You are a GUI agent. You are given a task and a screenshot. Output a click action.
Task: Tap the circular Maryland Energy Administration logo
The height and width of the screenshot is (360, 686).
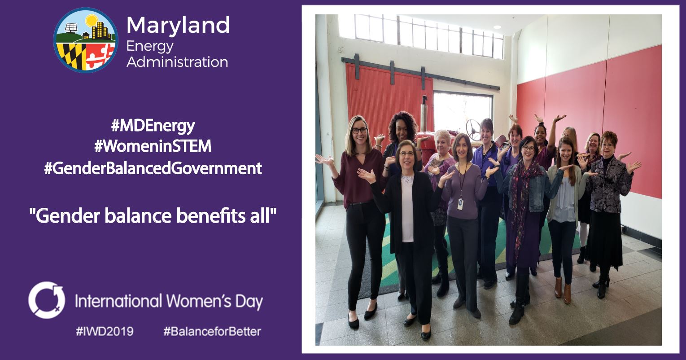pyautogui.click(x=86, y=40)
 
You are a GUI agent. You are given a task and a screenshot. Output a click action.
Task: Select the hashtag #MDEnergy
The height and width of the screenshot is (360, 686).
pyautogui.click(x=153, y=126)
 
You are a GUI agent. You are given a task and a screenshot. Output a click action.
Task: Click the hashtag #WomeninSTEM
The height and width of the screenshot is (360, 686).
pyautogui.click(x=153, y=146)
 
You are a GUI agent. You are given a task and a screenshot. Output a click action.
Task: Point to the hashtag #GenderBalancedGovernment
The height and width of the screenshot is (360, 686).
pyautogui.click(x=153, y=168)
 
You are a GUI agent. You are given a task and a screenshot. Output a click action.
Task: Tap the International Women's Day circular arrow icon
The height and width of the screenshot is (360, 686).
pyautogui.click(x=47, y=300)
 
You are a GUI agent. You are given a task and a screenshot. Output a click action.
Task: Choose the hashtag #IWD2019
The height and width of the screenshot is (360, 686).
pyautogui.click(x=105, y=331)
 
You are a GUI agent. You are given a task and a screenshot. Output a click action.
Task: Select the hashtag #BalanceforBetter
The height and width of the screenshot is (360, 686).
pyautogui.click(x=212, y=331)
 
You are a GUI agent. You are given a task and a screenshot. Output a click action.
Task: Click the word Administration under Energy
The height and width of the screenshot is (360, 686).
pyautogui.click(x=177, y=62)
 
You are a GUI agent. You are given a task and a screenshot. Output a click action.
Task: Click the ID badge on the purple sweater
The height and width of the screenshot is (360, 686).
pyautogui.click(x=460, y=204)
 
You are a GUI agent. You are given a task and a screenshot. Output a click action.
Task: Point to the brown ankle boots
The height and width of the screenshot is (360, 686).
pyautogui.click(x=563, y=290)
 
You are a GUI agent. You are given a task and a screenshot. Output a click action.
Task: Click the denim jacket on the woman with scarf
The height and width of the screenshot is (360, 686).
pyautogui.click(x=537, y=190)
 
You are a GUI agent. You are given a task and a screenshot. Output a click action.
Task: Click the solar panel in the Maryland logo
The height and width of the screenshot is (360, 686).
pyautogui.click(x=71, y=27)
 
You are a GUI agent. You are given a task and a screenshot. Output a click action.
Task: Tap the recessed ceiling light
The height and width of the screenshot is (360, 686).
pyautogui.click(x=497, y=27)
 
